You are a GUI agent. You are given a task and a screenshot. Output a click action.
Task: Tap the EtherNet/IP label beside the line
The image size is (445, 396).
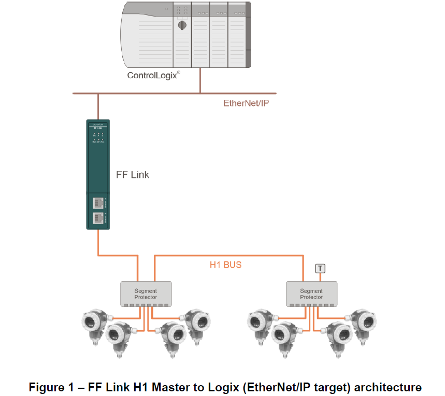coord(246,103)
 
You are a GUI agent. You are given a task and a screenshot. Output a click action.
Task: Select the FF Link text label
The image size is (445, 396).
coord(132,175)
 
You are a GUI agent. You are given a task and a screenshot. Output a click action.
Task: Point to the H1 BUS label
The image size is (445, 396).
coord(225,265)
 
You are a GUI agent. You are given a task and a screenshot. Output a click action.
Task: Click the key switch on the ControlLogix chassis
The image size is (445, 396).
coord(182,24)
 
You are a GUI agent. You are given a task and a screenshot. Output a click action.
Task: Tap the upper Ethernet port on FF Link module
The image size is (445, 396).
coord(97,202)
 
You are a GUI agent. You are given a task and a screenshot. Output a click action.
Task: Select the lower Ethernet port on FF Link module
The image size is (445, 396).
coord(97,218)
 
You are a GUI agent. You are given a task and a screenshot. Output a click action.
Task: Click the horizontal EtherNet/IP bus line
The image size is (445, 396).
coord(155,94)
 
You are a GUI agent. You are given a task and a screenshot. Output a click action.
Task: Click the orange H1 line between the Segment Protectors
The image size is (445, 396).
coord(228,255)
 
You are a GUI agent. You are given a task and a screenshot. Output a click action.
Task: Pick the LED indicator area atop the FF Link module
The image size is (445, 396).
coord(98,136)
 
